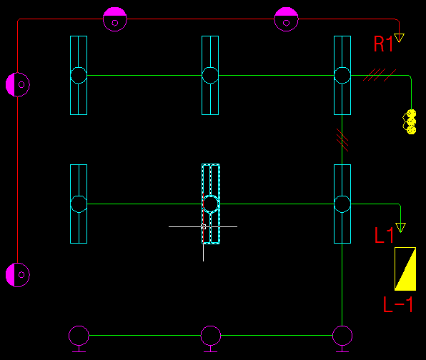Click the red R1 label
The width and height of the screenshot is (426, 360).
coord(383,44)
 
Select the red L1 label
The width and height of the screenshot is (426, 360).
coord(384,235)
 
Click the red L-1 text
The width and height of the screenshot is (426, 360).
coord(398,304)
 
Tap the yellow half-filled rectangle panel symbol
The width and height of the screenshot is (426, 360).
coord(405,269)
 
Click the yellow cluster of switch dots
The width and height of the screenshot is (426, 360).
coord(410,121)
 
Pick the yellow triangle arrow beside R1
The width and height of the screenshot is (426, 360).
coord(399,38)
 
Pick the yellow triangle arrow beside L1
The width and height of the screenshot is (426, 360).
coord(400,228)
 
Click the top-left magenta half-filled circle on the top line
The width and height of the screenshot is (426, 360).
coord(115,19)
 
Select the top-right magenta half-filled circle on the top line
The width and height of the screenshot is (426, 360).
coord(286,19)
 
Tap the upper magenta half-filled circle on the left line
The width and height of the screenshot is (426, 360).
coord(18,84)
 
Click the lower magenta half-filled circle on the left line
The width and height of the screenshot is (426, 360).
coord(18,275)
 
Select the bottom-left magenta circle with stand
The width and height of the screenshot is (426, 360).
coord(79,339)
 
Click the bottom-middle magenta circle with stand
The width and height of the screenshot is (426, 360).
coord(211,339)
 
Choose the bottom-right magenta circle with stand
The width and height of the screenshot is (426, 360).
coord(342,339)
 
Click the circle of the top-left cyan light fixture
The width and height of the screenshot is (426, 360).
coord(79,75)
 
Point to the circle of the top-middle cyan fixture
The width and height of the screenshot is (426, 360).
coord(210,75)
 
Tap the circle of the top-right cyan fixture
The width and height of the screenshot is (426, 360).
coord(342,75)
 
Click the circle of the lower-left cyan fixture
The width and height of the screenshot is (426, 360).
coord(79,204)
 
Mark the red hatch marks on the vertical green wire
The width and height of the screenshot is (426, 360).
coord(342,140)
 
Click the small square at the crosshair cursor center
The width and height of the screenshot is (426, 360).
coord(203,226)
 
